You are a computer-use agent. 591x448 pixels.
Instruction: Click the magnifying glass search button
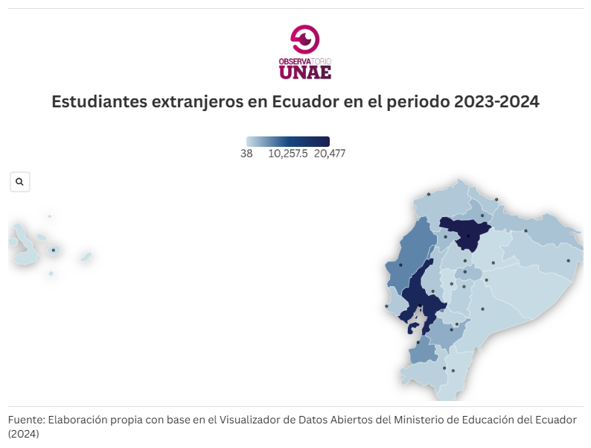(19, 182)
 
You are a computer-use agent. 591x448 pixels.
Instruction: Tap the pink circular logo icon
(304, 39)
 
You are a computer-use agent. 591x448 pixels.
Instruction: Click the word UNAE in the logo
(304, 72)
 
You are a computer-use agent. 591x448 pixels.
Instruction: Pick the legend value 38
(246, 154)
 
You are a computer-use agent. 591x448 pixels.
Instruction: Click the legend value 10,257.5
(287, 154)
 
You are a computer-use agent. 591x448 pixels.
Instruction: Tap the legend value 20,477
(330, 154)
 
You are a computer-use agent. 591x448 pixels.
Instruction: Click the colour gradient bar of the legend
(287, 142)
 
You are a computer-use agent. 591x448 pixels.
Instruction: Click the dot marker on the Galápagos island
(54, 250)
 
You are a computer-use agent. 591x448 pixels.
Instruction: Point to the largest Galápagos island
(26, 247)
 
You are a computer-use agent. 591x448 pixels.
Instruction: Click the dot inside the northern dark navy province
(468, 237)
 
